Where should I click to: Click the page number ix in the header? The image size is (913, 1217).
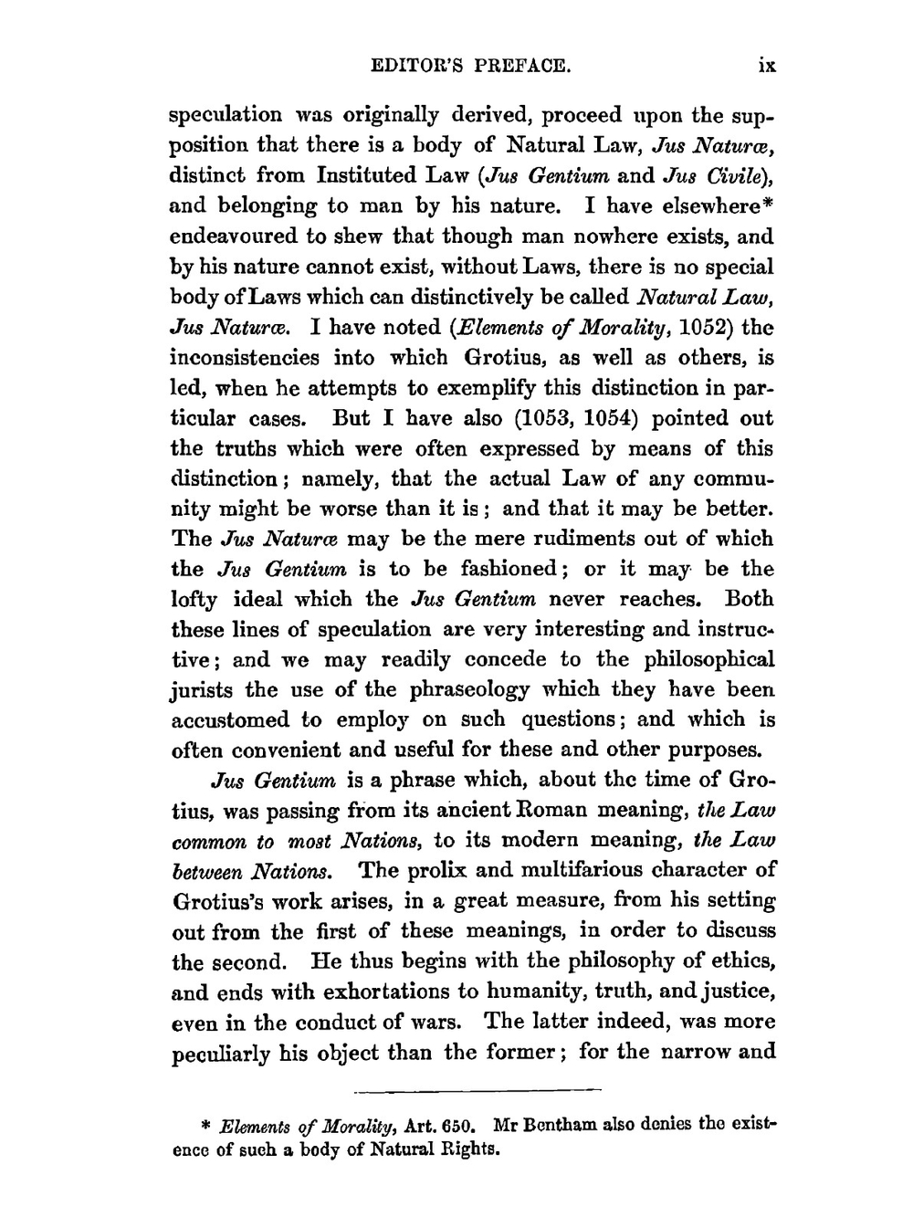tap(766, 66)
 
